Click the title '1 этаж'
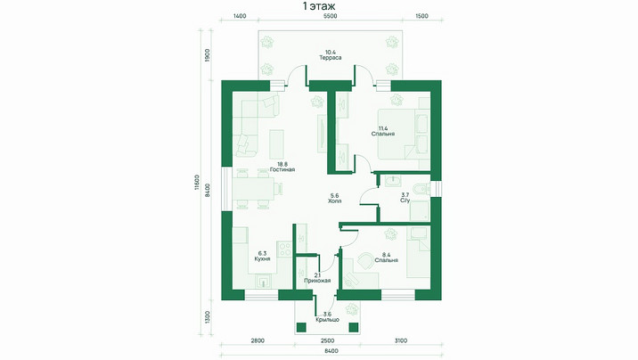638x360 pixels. point(319,6)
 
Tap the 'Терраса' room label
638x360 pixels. point(331,58)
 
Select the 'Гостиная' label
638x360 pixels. point(282,169)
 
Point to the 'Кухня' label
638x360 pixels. point(262,258)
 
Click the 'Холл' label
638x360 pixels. point(335,201)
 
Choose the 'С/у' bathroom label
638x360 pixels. point(405,200)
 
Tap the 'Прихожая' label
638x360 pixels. point(317,281)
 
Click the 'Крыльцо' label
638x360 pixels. point(328,320)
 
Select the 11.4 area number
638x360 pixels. point(383,128)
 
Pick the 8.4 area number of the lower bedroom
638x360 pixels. point(387,255)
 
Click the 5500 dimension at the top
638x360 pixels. point(330,16)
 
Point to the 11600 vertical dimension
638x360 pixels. point(197,183)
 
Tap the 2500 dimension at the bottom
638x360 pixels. point(328,341)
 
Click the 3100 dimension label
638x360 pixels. point(401,341)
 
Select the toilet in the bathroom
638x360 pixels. point(421,189)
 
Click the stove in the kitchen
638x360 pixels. point(284,249)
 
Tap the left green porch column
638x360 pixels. point(301,327)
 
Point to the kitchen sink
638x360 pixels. point(264,281)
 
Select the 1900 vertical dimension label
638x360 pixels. point(207,55)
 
